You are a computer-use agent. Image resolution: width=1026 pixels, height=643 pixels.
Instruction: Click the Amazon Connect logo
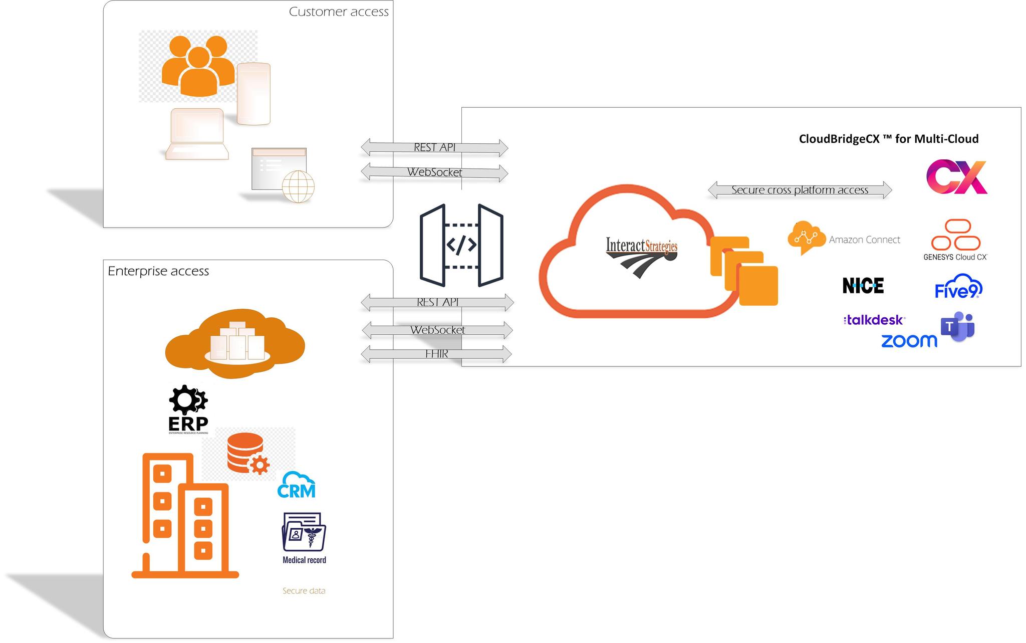(844, 239)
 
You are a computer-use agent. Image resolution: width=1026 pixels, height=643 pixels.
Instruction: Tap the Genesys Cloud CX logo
(955, 240)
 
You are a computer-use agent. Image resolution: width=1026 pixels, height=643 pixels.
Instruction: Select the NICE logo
(863, 286)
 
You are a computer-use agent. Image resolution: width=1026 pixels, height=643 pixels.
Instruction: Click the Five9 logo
(958, 287)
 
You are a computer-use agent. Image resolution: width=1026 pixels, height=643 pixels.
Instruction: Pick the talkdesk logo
(874, 320)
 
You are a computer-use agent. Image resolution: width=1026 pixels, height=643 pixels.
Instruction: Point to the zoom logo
(909, 341)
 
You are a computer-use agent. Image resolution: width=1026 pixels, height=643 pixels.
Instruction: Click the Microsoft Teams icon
(957, 327)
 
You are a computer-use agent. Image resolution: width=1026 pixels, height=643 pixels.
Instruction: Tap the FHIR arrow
(436, 354)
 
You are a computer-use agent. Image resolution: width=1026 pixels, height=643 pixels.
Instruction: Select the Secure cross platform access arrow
(800, 190)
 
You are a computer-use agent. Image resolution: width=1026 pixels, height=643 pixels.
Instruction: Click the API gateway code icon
(461, 245)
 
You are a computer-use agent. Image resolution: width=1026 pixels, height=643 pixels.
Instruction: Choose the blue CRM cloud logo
(297, 486)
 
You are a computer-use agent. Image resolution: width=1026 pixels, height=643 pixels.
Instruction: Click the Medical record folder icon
(304, 533)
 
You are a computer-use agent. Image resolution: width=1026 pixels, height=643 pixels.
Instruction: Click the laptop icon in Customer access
(197, 134)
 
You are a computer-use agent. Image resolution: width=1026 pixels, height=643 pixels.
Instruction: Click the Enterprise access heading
(158, 271)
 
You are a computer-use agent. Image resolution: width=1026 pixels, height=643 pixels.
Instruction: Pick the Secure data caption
(304, 591)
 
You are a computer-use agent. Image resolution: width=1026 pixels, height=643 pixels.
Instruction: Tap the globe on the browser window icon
(298, 186)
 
